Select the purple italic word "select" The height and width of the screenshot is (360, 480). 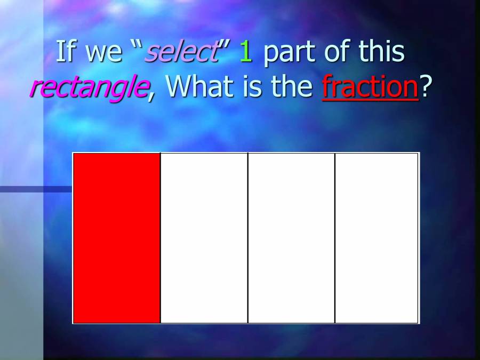(182, 52)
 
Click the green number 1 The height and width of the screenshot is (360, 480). (245, 52)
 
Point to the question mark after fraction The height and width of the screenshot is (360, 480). (425, 86)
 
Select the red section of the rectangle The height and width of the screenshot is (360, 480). (116, 238)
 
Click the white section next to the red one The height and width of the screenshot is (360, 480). (204, 238)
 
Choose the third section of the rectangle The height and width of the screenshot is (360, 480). (291, 238)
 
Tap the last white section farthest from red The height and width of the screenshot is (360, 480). (377, 238)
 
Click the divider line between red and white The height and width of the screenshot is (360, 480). (160, 238)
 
